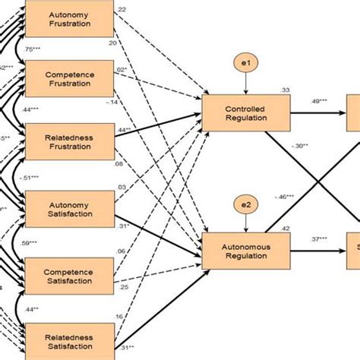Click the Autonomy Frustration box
(x=71, y=19)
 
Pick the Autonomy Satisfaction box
(x=71, y=207)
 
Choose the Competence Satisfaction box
(x=71, y=273)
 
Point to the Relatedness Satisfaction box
(x=71, y=339)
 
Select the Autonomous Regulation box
(x=245, y=251)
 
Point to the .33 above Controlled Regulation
(x=284, y=90)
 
